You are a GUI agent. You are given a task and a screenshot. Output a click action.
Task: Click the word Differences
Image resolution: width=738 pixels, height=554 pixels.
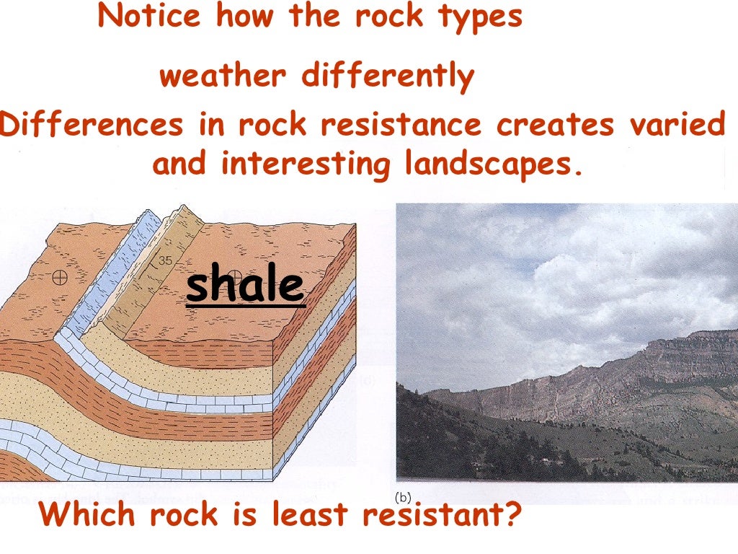[92, 125]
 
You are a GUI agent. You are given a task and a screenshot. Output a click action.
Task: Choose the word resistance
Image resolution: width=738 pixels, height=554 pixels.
[401, 125]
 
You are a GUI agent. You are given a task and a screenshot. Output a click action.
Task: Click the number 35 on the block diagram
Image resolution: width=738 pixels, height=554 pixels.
[165, 261]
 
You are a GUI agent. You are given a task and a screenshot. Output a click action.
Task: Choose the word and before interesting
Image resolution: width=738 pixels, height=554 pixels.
[180, 164]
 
